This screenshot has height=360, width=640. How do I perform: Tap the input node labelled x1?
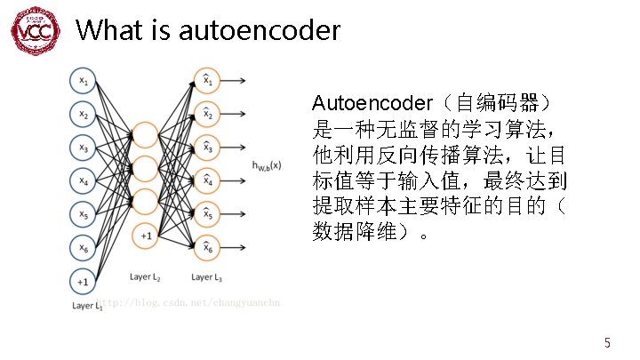point(83,81)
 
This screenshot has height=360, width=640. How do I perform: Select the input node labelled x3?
point(83,148)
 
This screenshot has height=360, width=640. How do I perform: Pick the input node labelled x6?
point(83,248)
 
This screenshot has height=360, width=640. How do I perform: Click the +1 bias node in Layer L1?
point(83,282)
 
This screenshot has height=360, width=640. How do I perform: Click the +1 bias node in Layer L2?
point(145,236)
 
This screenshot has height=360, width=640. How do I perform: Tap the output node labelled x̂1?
point(207,81)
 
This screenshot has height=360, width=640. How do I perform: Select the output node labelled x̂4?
point(207,181)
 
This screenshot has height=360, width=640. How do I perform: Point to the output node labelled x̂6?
point(207,248)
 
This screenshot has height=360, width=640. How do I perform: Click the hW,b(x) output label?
point(268,164)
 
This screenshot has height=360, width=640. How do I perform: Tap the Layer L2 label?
point(145,276)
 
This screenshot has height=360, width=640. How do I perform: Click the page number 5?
point(607,342)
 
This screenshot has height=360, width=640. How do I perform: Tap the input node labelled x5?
point(83,214)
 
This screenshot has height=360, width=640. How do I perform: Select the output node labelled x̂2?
point(207,114)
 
